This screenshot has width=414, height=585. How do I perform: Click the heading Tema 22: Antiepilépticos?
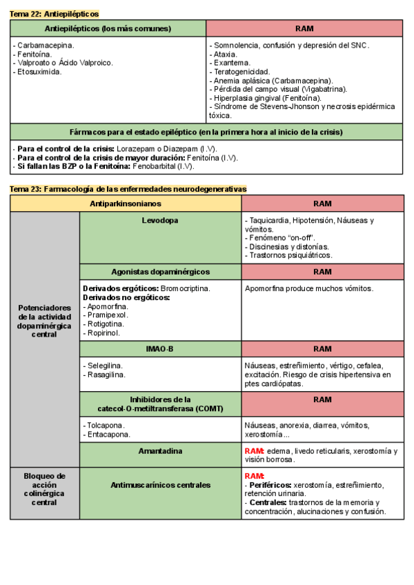click(x=55, y=14)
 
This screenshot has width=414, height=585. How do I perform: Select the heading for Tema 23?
click(x=128, y=188)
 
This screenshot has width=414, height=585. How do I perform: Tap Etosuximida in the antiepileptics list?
click(x=39, y=72)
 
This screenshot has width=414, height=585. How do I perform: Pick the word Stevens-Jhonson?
click(x=290, y=107)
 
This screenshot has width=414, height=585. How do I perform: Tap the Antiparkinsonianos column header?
click(x=126, y=204)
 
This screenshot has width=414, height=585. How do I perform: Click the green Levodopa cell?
click(x=160, y=221)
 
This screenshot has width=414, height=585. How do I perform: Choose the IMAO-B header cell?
click(x=160, y=349)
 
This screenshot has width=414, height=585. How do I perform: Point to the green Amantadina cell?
click(x=160, y=451)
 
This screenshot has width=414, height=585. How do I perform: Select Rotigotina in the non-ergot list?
click(x=104, y=324)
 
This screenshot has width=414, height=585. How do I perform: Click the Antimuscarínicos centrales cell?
click(x=160, y=485)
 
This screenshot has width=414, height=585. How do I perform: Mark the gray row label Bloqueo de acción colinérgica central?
click(x=44, y=489)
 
